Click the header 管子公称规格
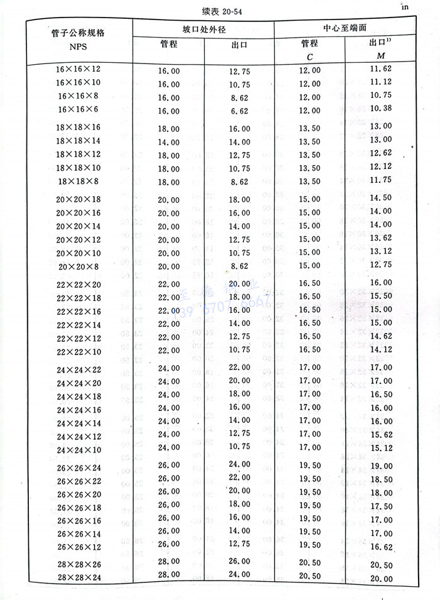point(79,33)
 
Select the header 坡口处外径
point(202,29)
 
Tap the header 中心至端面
point(343,29)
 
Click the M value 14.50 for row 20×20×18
point(380,197)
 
